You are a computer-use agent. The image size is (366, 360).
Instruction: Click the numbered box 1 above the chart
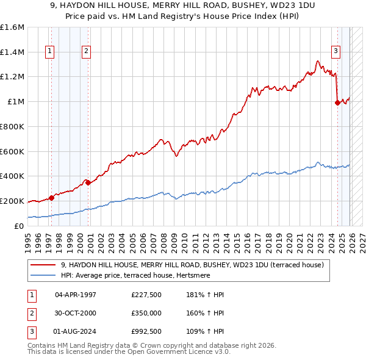point(49,52)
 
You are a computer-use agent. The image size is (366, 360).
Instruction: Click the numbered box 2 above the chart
point(87,52)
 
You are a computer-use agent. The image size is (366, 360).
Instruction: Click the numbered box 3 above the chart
point(335,52)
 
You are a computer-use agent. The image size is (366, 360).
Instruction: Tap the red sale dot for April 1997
point(51,197)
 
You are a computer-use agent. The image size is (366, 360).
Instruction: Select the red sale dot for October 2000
point(88,182)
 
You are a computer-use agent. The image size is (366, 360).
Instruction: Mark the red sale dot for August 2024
point(337,103)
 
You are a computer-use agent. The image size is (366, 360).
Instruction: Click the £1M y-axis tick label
point(16,102)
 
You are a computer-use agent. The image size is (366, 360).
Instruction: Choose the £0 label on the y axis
point(20,226)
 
